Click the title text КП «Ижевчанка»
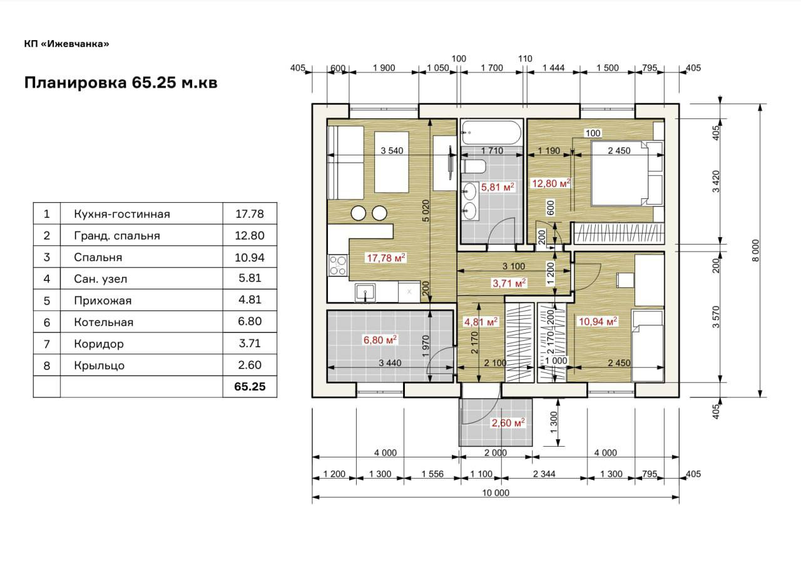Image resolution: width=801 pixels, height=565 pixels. (66, 44)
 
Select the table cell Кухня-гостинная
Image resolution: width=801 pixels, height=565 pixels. (122, 214)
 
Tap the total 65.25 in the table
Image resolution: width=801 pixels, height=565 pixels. (250, 387)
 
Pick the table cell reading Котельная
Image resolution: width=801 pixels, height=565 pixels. (104, 322)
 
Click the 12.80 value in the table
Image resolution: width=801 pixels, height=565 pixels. (250, 235)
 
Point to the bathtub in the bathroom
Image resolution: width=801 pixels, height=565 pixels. (492, 132)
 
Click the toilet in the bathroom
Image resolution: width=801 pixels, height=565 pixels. (474, 166)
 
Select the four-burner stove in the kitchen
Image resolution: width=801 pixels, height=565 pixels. (337, 265)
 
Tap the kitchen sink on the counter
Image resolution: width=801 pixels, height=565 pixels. (365, 293)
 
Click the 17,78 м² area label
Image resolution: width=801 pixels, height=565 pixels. (386, 257)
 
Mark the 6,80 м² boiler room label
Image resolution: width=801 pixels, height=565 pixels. (380, 340)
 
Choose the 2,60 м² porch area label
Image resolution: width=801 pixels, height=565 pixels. (508, 423)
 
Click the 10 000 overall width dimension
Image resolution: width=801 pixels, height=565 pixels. (496, 493)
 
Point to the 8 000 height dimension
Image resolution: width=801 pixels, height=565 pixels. (755, 250)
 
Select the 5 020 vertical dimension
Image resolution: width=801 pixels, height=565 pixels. (426, 211)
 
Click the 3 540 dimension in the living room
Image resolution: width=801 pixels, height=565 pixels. (392, 151)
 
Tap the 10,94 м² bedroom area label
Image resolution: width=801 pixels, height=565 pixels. (598, 322)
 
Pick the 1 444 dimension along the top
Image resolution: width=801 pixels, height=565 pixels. (554, 68)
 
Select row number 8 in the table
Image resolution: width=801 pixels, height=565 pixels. (47, 365)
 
